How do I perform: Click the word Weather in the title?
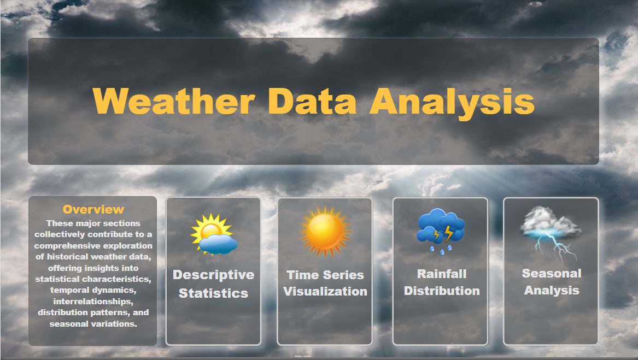click(x=174, y=101)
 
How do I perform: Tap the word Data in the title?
click(x=312, y=101)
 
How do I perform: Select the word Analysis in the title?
click(x=452, y=104)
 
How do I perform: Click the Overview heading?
click(x=93, y=209)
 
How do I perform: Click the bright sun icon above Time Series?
click(x=325, y=232)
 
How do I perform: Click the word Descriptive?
click(x=214, y=275)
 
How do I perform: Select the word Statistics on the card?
click(x=213, y=293)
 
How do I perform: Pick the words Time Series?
click(x=325, y=275)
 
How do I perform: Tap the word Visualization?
click(x=325, y=291)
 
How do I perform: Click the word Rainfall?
click(x=442, y=274)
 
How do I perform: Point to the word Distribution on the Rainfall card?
click(x=442, y=291)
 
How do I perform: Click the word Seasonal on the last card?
click(x=551, y=273)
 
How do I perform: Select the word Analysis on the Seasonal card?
click(x=551, y=291)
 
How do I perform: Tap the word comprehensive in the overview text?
click(x=93, y=246)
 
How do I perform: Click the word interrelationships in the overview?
click(x=93, y=302)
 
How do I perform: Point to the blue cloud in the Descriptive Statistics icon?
click(x=219, y=244)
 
